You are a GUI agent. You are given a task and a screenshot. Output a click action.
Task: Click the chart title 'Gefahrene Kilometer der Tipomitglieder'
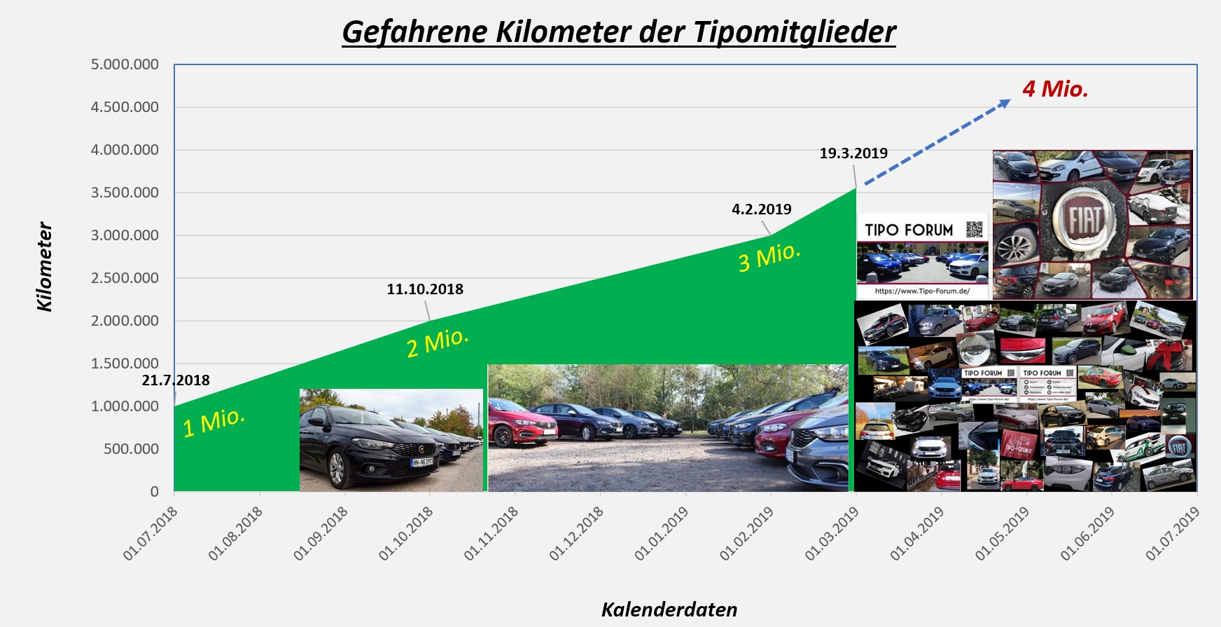pyautogui.click(x=619, y=32)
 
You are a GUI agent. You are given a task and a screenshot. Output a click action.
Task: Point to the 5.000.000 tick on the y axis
pyautogui.click(x=125, y=64)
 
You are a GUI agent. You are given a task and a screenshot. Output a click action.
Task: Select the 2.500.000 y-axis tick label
pyautogui.click(x=125, y=278)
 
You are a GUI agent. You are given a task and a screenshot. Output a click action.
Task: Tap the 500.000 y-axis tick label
pyautogui.click(x=131, y=449)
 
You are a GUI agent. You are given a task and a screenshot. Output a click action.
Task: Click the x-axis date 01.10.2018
pyautogui.click(x=407, y=533)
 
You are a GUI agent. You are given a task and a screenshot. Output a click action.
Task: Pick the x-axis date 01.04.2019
pyautogui.click(x=918, y=533)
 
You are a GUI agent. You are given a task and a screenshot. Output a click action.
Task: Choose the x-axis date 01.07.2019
pyautogui.click(x=1173, y=533)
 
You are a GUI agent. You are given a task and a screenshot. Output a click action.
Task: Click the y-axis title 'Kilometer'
pyautogui.click(x=45, y=267)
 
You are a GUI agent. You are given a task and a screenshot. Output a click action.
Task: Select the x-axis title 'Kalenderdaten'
pyautogui.click(x=669, y=609)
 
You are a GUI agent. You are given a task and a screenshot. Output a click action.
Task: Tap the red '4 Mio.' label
pyautogui.click(x=1055, y=89)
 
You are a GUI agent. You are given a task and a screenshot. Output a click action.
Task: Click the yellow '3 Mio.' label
pyautogui.click(x=769, y=256)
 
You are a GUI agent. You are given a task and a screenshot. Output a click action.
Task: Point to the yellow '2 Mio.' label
pyautogui.click(x=437, y=342)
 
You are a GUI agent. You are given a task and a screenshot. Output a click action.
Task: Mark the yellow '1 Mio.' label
pyautogui.click(x=214, y=422)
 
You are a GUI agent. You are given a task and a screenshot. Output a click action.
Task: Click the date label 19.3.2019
pyautogui.click(x=853, y=153)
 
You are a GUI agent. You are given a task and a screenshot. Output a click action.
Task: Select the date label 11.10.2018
pyautogui.click(x=425, y=289)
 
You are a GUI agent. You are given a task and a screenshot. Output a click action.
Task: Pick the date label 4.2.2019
pyautogui.click(x=762, y=209)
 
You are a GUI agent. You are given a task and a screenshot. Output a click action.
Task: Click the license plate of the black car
pyautogui.click(x=422, y=462)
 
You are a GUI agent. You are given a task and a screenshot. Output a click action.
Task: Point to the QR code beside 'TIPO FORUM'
pyautogui.click(x=974, y=229)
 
